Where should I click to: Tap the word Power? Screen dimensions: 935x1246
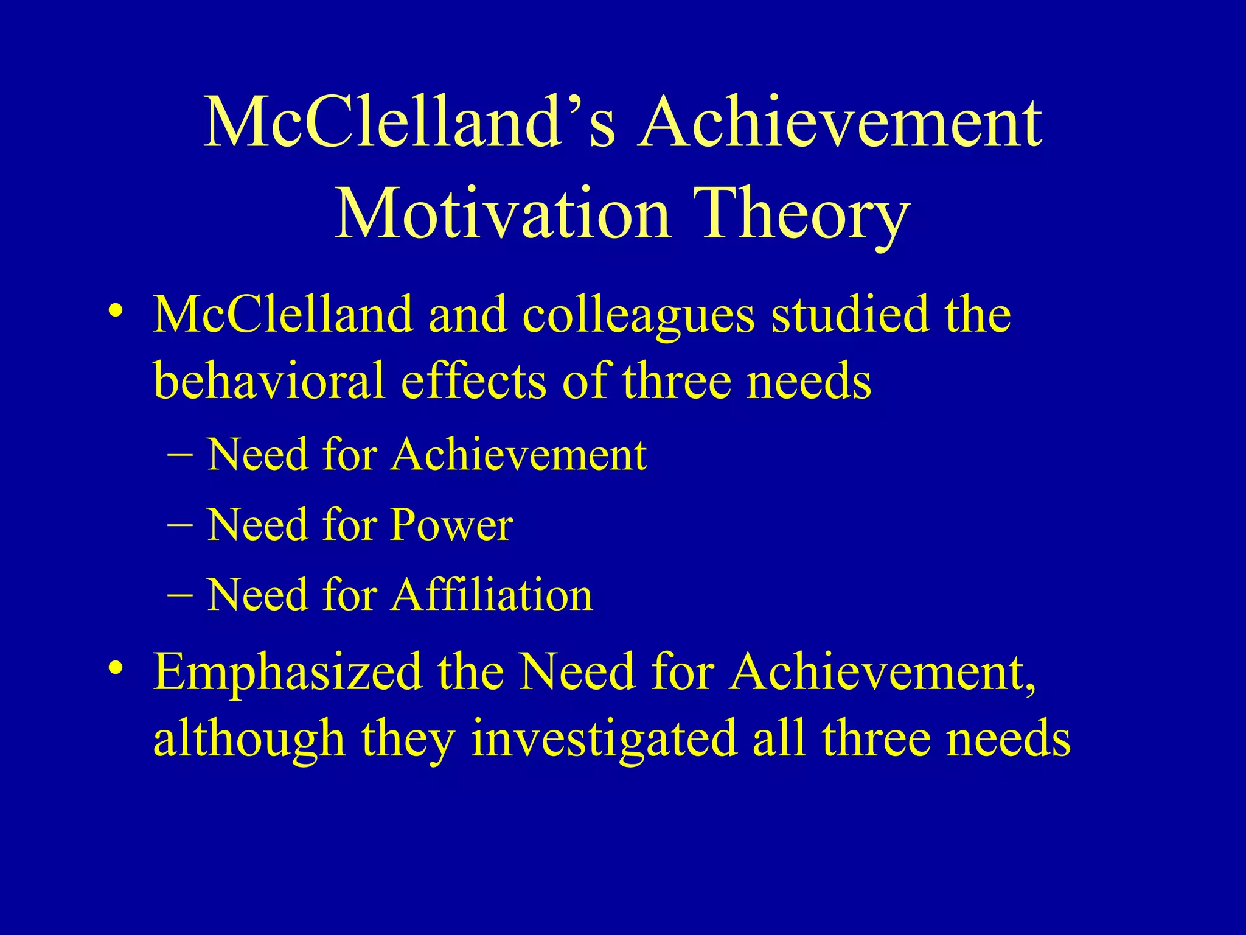click(451, 525)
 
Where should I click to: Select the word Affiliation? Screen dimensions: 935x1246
click(492, 595)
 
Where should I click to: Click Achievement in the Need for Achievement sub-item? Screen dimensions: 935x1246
click(518, 455)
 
